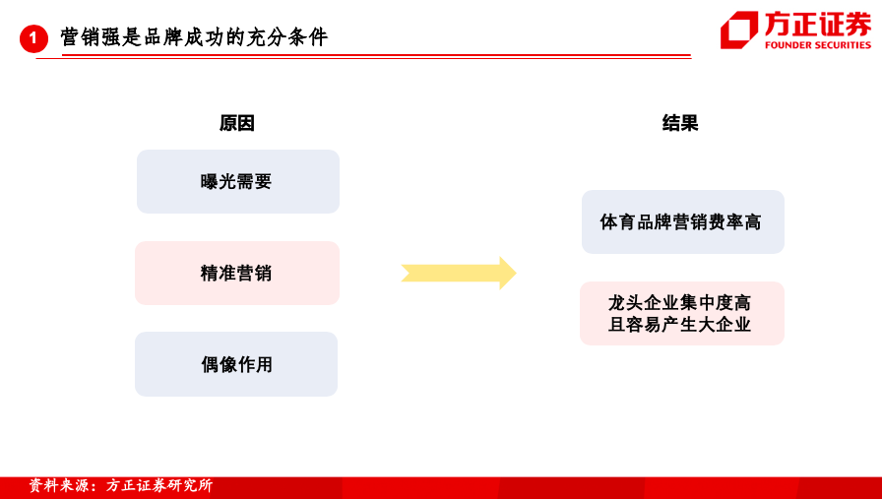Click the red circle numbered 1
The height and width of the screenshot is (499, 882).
click(x=33, y=38)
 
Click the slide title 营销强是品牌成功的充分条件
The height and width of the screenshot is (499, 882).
click(x=194, y=37)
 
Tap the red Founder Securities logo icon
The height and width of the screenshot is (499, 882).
click(x=739, y=30)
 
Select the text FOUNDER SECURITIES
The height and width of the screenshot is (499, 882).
click(x=818, y=45)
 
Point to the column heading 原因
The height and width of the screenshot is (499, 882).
click(x=237, y=123)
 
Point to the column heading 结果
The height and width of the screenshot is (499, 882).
click(x=680, y=123)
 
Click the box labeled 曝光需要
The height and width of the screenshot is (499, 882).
click(x=238, y=181)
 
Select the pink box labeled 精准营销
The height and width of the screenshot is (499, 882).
click(x=237, y=273)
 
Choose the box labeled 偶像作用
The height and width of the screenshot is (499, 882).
click(x=236, y=364)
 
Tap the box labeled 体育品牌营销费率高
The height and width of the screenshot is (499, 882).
click(x=683, y=221)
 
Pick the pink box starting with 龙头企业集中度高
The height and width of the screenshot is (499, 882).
click(x=682, y=313)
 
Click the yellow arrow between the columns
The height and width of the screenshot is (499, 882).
click(x=459, y=274)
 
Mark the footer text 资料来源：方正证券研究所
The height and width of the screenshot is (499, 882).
click(x=120, y=485)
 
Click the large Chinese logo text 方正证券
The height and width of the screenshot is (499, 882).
click(x=818, y=25)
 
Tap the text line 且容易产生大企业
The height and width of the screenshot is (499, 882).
click(x=679, y=325)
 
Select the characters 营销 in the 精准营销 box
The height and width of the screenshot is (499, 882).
click(x=254, y=273)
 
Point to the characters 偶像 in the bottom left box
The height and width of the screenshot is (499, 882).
click(x=219, y=364)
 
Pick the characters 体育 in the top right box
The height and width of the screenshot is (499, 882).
click(x=617, y=221)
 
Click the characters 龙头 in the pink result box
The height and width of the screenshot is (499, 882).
click(x=625, y=303)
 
